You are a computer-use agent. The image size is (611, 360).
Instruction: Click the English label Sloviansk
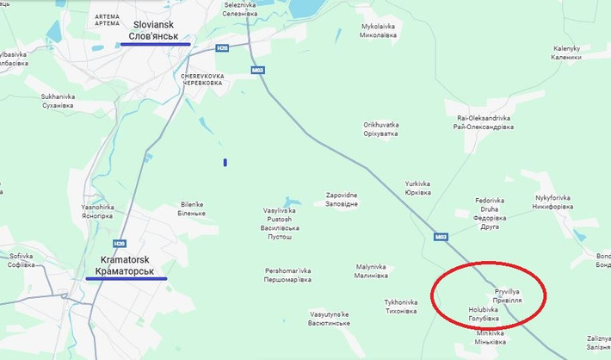click(154, 26)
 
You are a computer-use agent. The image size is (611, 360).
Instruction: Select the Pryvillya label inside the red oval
click(508, 293)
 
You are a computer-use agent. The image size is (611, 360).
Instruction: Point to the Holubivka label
click(483, 309)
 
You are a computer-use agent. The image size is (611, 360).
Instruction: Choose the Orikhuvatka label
click(380, 125)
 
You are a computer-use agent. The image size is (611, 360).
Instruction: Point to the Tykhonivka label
click(401, 302)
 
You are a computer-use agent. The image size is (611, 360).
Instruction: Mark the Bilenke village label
click(193, 204)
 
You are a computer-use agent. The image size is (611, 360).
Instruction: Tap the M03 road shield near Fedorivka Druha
click(441, 236)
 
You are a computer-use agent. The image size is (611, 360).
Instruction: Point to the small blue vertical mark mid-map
click(225, 162)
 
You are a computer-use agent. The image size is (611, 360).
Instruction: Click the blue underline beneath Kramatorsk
click(127, 279)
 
